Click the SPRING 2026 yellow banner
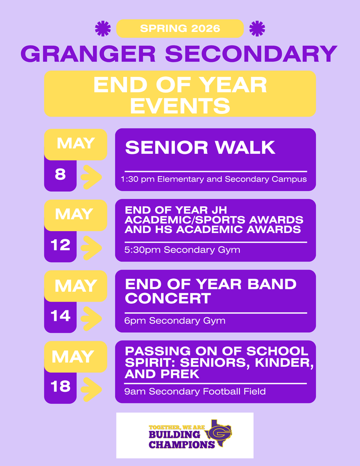pos(180,29)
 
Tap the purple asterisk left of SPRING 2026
pos(103,29)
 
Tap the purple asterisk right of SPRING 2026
pos(257,29)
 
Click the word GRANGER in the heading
pos(88,54)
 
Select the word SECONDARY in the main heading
pos(251,54)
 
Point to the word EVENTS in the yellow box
pos(180,106)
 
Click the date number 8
pos(60,174)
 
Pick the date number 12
pos(61,245)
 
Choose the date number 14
pos(61,316)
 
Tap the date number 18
pos(61,386)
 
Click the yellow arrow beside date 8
pos(91,177)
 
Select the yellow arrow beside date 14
pos(91,319)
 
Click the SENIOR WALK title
pos(200,147)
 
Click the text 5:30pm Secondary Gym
pos(182,250)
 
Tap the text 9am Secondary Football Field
pos(195,391)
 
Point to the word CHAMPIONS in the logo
pos(182,445)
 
